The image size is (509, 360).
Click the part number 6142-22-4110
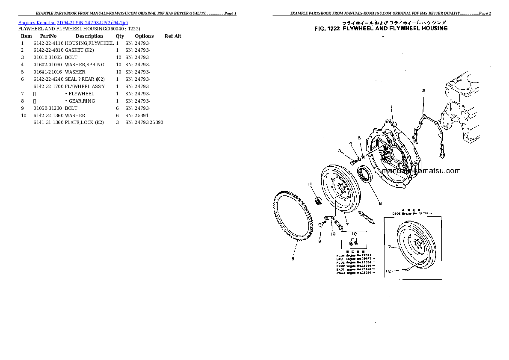[x=48, y=43]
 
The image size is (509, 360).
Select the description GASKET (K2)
[x=79, y=50]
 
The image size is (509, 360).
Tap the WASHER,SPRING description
[x=84, y=65]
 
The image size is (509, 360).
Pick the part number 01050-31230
[x=48, y=108]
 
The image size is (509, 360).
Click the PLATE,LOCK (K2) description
[x=84, y=123]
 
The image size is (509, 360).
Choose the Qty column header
[x=120, y=36]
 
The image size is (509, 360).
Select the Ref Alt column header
[x=173, y=36]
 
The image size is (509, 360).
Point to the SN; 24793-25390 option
[x=144, y=123]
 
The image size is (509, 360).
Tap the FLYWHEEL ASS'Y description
[x=85, y=86]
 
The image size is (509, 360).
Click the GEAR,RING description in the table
[x=82, y=101]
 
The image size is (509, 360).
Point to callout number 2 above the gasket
[x=423, y=91]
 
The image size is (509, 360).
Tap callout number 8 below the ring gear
[x=293, y=258]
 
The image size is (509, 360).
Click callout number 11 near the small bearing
[x=310, y=184]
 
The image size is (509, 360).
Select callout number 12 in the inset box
[x=388, y=271]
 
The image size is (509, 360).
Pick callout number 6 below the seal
[x=379, y=203]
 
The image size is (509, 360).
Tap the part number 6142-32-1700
[x=48, y=86]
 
